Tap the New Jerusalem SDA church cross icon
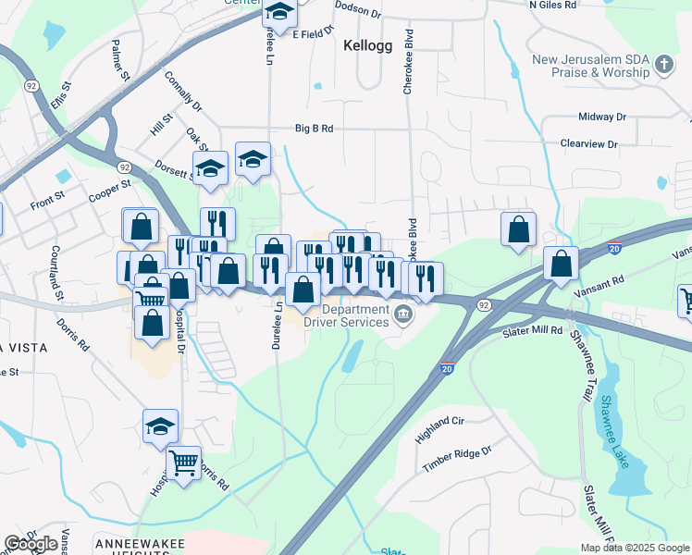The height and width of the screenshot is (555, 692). pyautogui.click(x=662, y=65)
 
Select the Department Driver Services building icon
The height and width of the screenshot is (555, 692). pyautogui.click(x=403, y=315)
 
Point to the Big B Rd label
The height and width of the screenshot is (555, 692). pyautogui.click(x=314, y=129)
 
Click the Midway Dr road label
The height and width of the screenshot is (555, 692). pyautogui.click(x=601, y=117)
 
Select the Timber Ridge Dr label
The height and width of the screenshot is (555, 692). pyautogui.click(x=456, y=460)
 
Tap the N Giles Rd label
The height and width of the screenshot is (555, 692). pyautogui.click(x=554, y=5)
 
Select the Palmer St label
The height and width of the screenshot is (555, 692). pyautogui.click(x=119, y=61)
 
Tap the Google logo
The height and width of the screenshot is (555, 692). pyautogui.click(x=31, y=544)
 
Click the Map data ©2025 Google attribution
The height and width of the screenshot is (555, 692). pyautogui.click(x=634, y=548)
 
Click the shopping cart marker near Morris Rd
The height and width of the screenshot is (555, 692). pyautogui.click(x=183, y=460)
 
